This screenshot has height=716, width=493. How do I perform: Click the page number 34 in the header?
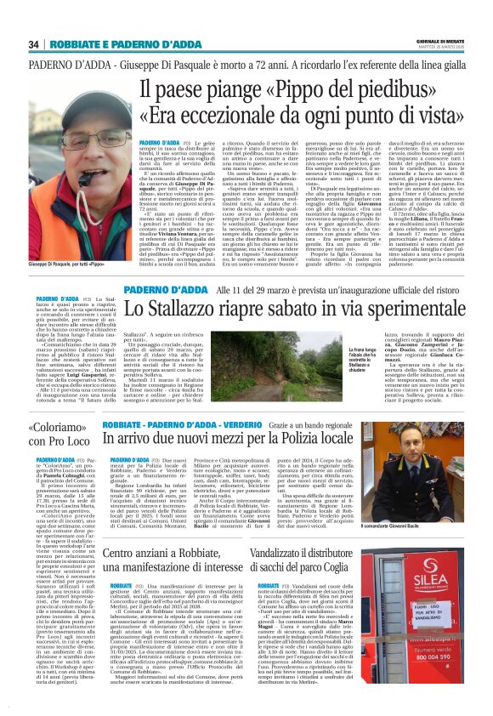(36, 44)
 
